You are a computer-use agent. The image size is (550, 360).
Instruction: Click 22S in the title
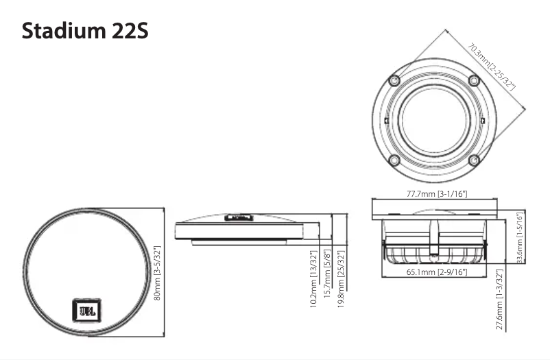pyautogui.click(x=128, y=31)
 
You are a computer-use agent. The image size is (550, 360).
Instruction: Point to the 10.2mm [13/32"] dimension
pyautogui.click(x=313, y=278)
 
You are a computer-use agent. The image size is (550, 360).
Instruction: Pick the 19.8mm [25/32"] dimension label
pyautogui.click(x=341, y=278)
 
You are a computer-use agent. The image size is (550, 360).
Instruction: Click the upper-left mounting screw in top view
pyautogui.click(x=393, y=81)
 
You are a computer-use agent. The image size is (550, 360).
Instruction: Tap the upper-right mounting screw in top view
pyautogui.click(x=473, y=81)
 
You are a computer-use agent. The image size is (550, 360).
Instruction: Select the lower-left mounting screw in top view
pyautogui.click(x=393, y=160)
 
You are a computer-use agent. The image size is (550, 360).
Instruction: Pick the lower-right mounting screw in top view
pyautogui.click(x=473, y=160)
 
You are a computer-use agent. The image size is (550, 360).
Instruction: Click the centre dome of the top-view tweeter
pyautogui.click(x=433, y=120)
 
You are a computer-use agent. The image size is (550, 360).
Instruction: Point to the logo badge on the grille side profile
pyautogui.click(x=238, y=217)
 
